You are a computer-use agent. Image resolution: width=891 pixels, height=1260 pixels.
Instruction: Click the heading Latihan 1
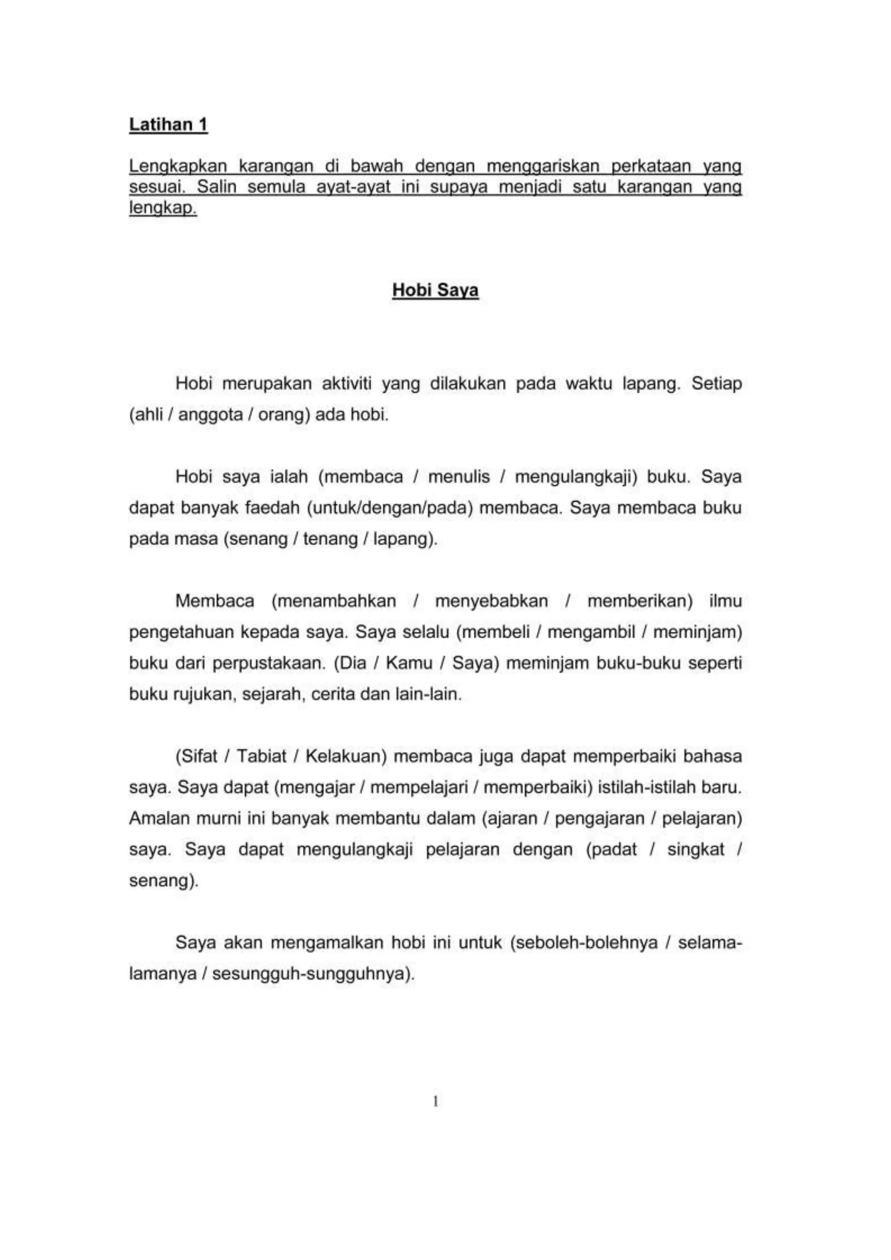coord(168,125)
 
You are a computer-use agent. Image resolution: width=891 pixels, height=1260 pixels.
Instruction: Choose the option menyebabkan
coord(491,601)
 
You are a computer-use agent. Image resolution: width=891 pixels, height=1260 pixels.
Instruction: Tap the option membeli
coord(496,632)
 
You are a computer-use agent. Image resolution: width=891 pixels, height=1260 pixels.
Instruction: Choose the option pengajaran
coord(599,819)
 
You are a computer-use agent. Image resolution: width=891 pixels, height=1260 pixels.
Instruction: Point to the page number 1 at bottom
coord(435,1101)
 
